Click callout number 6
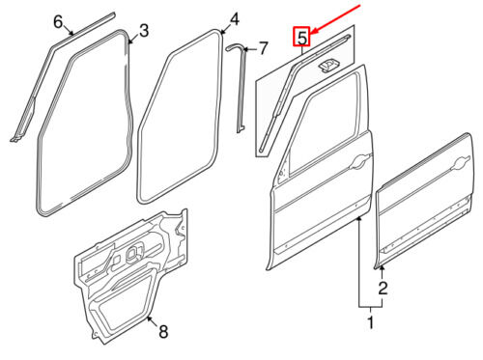pos(58,22)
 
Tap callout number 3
pos(144,31)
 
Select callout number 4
pos(235,19)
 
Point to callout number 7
pos(263,48)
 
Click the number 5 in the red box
pos(301,37)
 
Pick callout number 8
pos(163,331)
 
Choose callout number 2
pos(383,289)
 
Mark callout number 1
pos(371,322)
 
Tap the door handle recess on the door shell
pos(360,161)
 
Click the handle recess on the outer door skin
pos(461,163)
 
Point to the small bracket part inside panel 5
pos(327,65)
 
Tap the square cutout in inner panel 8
pos(134,252)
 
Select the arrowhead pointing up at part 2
pos(382,269)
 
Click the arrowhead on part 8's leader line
pos(149,318)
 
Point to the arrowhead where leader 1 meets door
pos(359,219)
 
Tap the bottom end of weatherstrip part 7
pos(241,129)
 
